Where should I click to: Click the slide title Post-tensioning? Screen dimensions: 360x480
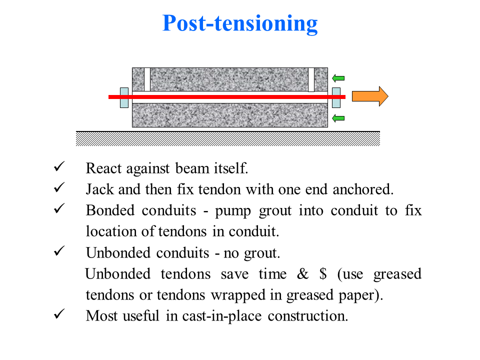[x=240, y=23]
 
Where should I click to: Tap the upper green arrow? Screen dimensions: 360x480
[x=338, y=77]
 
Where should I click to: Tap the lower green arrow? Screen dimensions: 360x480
[x=338, y=118]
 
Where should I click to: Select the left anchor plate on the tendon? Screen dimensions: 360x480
[x=124, y=97]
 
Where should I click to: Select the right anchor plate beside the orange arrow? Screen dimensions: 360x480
[x=336, y=97]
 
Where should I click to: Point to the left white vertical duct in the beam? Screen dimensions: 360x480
[x=147, y=79]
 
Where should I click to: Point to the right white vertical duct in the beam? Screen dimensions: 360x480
[x=311, y=79]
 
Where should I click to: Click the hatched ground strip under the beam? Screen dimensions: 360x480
[x=227, y=138]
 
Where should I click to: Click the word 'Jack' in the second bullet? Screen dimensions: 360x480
[x=98, y=190]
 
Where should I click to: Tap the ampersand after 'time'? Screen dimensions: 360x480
[x=301, y=274]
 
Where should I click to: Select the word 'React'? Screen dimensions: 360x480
[x=103, y=168]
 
